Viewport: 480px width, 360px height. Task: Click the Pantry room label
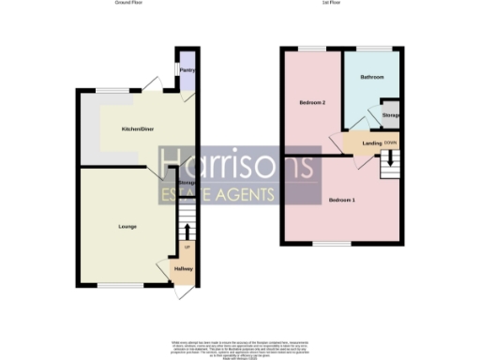coord(187,67)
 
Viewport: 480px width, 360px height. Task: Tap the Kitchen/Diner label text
coord(138,129)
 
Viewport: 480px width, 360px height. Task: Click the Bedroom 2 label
coord(312,102)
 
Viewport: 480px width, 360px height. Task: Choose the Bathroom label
coord(372,77)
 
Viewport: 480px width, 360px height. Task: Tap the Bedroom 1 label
coord(341,200)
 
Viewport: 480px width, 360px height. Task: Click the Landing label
coord(359,142)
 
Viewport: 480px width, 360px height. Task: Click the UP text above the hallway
coord(187,247)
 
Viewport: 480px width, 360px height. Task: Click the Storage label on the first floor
coord(391,115)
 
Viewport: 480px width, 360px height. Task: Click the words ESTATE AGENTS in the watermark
coord(216,195)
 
